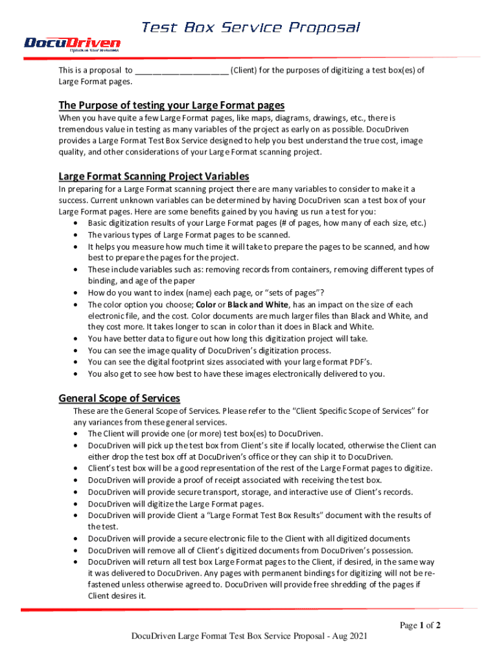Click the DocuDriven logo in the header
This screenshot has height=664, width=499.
[x=72, y=43]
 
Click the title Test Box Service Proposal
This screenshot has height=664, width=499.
[x=250, y=27]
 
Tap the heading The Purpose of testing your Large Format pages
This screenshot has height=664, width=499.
[x=172, y=105]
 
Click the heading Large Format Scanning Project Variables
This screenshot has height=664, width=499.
[x=154, y=176]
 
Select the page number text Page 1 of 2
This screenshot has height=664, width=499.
[x=420, y=626]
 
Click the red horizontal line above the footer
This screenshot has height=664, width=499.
[x=250, y=609]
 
